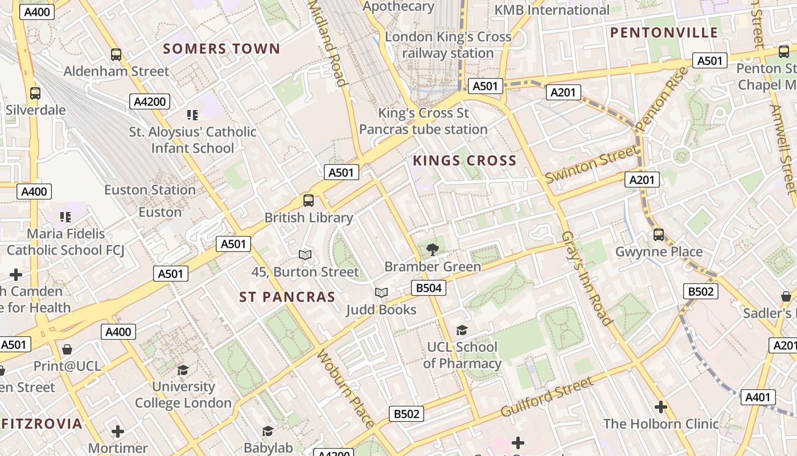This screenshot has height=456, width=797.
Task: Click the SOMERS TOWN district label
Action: click(x=221, y=49)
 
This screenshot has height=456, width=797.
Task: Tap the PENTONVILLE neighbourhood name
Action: click(x=664, y=32)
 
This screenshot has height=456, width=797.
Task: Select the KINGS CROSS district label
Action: click(x=465, y=161)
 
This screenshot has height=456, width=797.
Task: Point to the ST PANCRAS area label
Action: click(x=287, y=297)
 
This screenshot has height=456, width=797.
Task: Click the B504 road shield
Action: click(x=429, y=288)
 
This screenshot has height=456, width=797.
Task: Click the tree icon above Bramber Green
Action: click(x=433, y=249)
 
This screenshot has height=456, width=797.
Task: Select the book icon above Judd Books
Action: click(x=381, y=292)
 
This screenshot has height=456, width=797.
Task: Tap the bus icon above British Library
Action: click(x=309, y=200)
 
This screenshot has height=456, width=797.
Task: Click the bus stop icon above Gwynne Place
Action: click(x=659, y=234)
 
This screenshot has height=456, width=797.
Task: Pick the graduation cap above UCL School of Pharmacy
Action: click(x=462, y=330)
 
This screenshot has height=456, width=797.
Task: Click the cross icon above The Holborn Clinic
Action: click(x=660, y=407)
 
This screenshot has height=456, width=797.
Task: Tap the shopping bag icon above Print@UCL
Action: click(x=67, y=349)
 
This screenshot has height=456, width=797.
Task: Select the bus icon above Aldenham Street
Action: click(x=116, y=55)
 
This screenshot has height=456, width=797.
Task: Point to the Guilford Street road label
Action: click(x=547, y=397)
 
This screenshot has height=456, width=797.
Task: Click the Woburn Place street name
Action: click(x=346, y=389)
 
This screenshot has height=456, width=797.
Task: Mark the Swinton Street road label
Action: click(x=591, y=164)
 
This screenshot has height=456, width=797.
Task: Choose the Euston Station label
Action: click(x=150, y=190)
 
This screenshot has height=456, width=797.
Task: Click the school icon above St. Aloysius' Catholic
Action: click(x=192, y=115)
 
